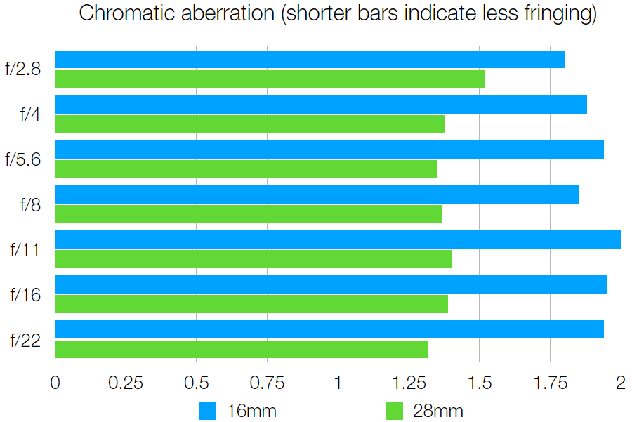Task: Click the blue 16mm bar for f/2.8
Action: pyautogui.click(x=309, y=60)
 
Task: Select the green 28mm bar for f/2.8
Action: pyautogui.click(x=270, y=79)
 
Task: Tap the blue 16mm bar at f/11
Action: pyautogui.click(x=337, y=239)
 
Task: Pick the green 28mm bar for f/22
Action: pyautogui.click(x=242, y=349)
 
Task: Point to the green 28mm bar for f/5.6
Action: pyautogui.click(x=246, y=169)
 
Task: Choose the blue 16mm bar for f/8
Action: pyautogui.click(x=316, y=194)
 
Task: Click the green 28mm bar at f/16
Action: pyautogui.click(x=251, y=304)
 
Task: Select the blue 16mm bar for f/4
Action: pyautogui.click(x=320, y=105)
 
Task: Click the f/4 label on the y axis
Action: pyautogui.click(x=30, y=114)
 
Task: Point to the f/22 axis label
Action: pyautogui.click(x=25, y=341)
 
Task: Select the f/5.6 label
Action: pyautogui.click(x=22, y=159)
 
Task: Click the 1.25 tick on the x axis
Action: pyautogui.click(x=409, y=383)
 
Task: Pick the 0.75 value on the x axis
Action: pyautogui.click(x=267, y=383)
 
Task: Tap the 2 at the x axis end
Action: pyautogui.click(x=620, y=383)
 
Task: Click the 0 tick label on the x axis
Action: pyautogui.click(x=55, y=383)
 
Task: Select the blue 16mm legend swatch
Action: pyautogui.click(x=209, y=411)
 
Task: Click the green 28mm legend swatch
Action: pyautogui.click(x=395, y=411)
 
